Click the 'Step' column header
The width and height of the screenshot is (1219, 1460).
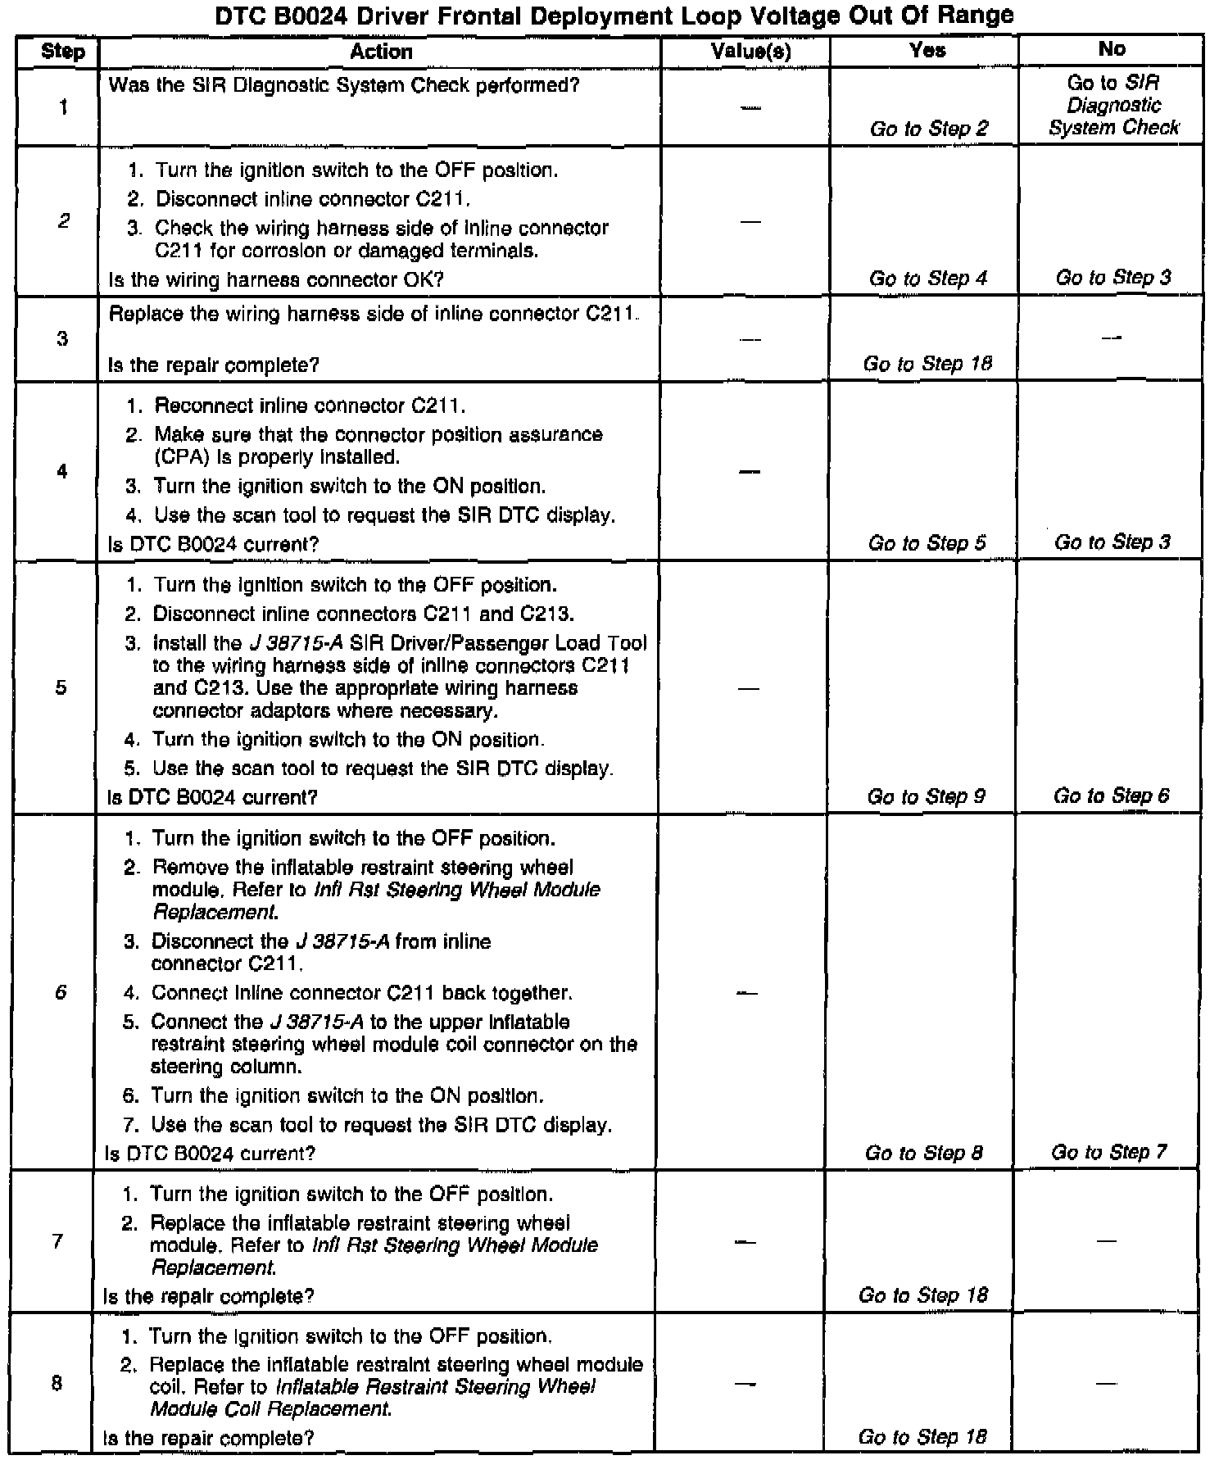tap(62, 52)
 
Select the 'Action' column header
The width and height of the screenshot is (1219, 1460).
tap(381, 52)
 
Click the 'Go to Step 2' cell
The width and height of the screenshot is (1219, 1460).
tap(929, 129)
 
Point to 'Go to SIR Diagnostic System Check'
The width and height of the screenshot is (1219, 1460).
tap(1113, 105)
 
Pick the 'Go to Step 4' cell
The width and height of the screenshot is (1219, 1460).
tap(928, 279)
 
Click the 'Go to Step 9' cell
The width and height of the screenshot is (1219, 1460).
tap(926, 796)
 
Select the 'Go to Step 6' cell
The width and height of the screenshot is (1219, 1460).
tap(1111, 796)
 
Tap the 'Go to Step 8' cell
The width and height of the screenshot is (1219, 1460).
tap(924, 1153)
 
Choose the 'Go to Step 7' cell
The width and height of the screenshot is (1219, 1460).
tap(1109, 1152)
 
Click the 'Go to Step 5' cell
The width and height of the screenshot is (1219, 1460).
tap(927, 543)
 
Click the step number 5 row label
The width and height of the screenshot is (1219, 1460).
tap(61, 687)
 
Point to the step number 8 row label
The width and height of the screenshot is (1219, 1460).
tap(57, 1384)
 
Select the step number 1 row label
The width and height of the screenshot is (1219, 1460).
tap(63, 107)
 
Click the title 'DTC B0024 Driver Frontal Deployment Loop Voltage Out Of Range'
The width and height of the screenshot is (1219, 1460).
tap(614, 15)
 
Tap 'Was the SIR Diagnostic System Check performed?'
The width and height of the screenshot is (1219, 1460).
tap(344, 85)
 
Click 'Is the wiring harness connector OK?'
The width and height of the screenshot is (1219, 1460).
tap(276, 279)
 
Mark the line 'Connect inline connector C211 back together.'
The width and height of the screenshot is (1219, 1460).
tap(361, 993)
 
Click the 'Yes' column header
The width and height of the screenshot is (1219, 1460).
tap(927, 50)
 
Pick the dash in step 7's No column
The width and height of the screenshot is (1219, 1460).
tap(1107, 1241)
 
